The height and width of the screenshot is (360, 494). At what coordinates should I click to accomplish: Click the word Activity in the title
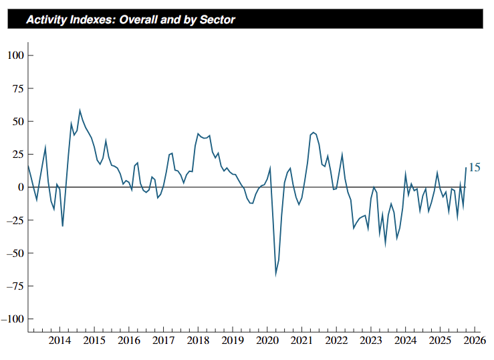(46, 20)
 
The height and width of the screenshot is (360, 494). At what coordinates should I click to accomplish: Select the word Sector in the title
(217, 19)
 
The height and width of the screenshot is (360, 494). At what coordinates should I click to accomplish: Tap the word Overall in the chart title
(138, 19)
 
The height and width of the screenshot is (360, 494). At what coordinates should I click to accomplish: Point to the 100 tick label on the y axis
(16, 55)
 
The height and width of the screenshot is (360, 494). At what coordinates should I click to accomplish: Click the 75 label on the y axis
(18, 88)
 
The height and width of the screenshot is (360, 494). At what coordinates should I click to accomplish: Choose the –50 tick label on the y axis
(15, 253)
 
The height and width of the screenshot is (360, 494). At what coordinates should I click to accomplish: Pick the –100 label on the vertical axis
(13, 319)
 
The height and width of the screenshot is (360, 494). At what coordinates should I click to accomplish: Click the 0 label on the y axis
(21, 187)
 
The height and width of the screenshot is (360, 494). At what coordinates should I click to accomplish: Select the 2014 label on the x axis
(59, 341)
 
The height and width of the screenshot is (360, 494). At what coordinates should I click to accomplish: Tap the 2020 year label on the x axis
(267, 341)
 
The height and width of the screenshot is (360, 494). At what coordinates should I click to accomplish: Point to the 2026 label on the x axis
(475, 341)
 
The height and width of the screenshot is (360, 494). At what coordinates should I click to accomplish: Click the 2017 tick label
(163, 341)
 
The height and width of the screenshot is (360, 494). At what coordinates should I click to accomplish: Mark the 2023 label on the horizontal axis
(371, 341)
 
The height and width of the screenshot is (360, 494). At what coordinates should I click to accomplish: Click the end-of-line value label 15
(475, 167)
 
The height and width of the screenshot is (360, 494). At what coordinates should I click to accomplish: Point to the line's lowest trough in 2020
(275, 276)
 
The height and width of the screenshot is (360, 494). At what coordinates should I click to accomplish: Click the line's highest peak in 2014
(80, 110)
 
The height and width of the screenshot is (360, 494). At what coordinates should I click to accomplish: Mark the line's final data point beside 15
(466, 168)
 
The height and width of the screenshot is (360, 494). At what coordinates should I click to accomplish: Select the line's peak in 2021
(313, 132)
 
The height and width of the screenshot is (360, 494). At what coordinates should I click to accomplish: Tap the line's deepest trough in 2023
(385, 246)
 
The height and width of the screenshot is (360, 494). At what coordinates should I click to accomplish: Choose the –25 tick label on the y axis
(15, 220)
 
